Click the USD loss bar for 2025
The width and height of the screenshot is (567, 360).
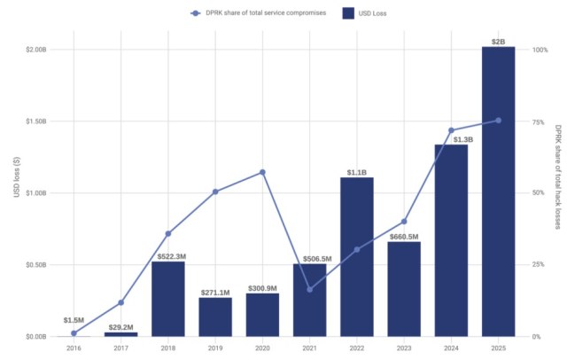[x=498, y=191]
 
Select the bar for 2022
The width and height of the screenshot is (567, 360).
[x=357, y=257]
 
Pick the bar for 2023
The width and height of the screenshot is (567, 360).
[x=404, y=289]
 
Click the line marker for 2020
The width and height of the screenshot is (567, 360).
[x=262, y=172]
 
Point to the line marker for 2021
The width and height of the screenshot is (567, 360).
[x=309, y=289]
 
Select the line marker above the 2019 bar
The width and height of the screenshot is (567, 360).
[x=215, y=192]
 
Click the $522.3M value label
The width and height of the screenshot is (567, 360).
[x=168, y=255]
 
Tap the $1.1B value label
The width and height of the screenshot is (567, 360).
[x=357, y=171]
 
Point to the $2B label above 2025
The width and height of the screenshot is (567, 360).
[x=498, y=40]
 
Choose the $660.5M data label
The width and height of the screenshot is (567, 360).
[x=404, y=236]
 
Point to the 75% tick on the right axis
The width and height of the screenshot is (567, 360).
[x=538, y=121]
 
